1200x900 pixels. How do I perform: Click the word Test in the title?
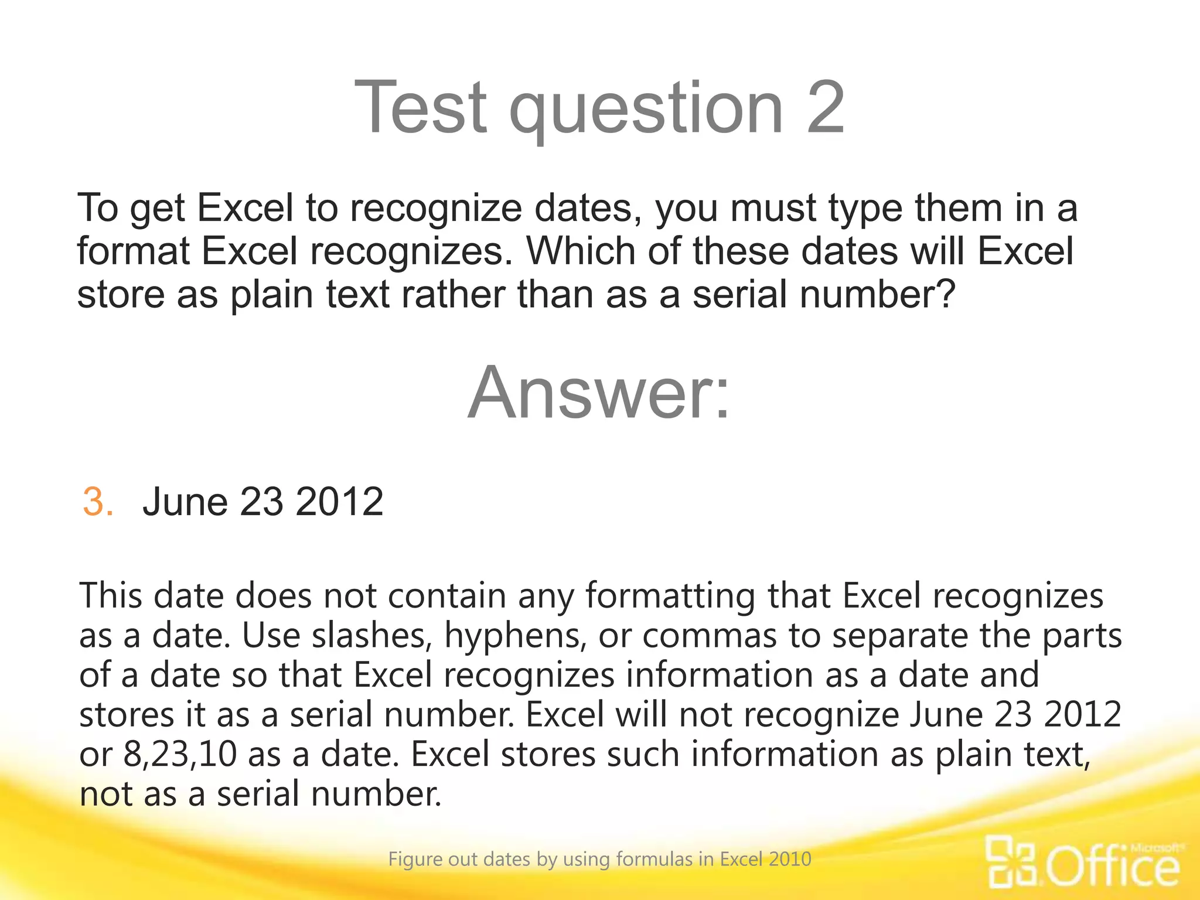tap(421, 108)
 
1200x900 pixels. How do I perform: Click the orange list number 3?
tap(97, 502)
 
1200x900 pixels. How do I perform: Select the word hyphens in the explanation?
tap(515, 637)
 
